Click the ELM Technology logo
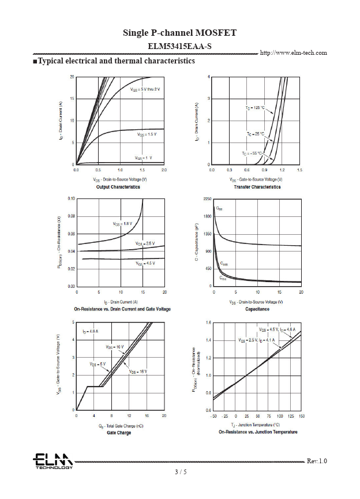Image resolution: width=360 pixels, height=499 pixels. tap(52, 461)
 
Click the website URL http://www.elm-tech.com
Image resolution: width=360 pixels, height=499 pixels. tap(294, 52)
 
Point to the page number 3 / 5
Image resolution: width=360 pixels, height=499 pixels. tap(181, 472)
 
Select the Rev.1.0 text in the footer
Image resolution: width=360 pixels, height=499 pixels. tap(317, 461)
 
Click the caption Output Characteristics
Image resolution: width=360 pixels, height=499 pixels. tap(118, 187)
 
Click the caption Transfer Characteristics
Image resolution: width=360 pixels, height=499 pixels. tap(257, 187)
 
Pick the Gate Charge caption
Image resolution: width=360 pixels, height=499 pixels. tap(119, 433)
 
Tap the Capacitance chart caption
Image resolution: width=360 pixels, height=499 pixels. tap(257, 309)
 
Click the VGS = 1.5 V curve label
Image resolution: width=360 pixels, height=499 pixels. tap(147, 134)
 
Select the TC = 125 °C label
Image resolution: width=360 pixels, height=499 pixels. tap(254, 108)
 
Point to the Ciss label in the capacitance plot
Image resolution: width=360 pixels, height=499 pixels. tap(219, 208)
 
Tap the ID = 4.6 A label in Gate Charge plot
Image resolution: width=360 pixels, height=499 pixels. tap(91, 332)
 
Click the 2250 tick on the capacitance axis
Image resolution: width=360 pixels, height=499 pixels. tap(207, 198)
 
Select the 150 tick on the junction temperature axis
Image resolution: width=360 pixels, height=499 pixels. tap(301, 416)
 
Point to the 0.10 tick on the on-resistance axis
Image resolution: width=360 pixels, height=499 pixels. tap(71, 198)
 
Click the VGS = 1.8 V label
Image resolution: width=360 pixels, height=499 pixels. tap(122, 223)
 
